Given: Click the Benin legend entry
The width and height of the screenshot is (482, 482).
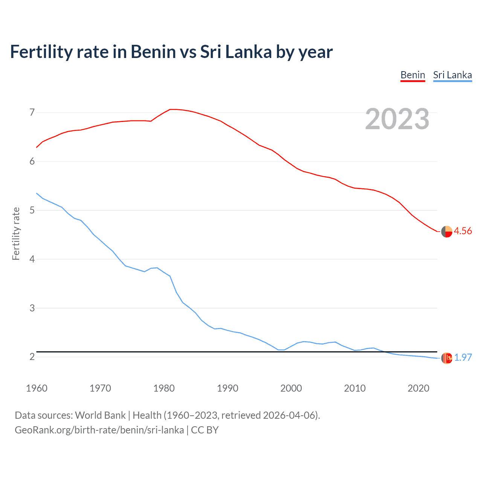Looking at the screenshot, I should point(413,75).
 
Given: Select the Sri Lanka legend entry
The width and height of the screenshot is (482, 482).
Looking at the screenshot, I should point(452,75).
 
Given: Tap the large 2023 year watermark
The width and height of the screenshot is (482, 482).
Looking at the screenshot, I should point(397,119).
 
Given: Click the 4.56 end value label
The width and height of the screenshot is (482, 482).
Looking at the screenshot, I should point(463,231).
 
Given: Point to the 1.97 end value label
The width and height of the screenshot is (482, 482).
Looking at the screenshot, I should point(463,357).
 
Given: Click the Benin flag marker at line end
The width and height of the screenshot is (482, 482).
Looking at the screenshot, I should point(447,232).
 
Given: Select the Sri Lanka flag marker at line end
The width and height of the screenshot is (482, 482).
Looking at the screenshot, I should point(447,358).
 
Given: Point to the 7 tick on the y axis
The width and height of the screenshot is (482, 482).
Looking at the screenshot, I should point(32,112).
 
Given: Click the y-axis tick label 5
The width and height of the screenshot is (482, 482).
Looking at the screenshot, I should point(32,210).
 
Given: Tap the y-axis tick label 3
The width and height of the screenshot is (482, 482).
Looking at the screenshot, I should point(32,308).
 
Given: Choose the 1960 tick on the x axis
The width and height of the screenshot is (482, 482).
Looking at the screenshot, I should point(37,388).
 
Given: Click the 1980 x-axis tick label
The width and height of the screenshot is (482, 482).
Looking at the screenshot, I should point(164,388).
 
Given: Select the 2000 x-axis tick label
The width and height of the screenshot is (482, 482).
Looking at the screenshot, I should point(291,388).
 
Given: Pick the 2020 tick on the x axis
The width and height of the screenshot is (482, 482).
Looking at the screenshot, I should point(418,388).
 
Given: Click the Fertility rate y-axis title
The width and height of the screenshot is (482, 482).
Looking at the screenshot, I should point(16,233).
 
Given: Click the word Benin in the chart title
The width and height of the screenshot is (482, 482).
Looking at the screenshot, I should point(153,52).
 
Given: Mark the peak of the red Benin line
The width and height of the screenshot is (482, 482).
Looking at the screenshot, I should point(172,109).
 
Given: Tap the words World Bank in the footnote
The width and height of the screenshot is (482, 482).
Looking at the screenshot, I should point(100,415).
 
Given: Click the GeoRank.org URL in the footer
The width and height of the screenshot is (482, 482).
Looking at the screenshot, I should point(99,430).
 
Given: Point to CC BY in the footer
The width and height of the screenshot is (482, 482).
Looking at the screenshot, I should point(205,430).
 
